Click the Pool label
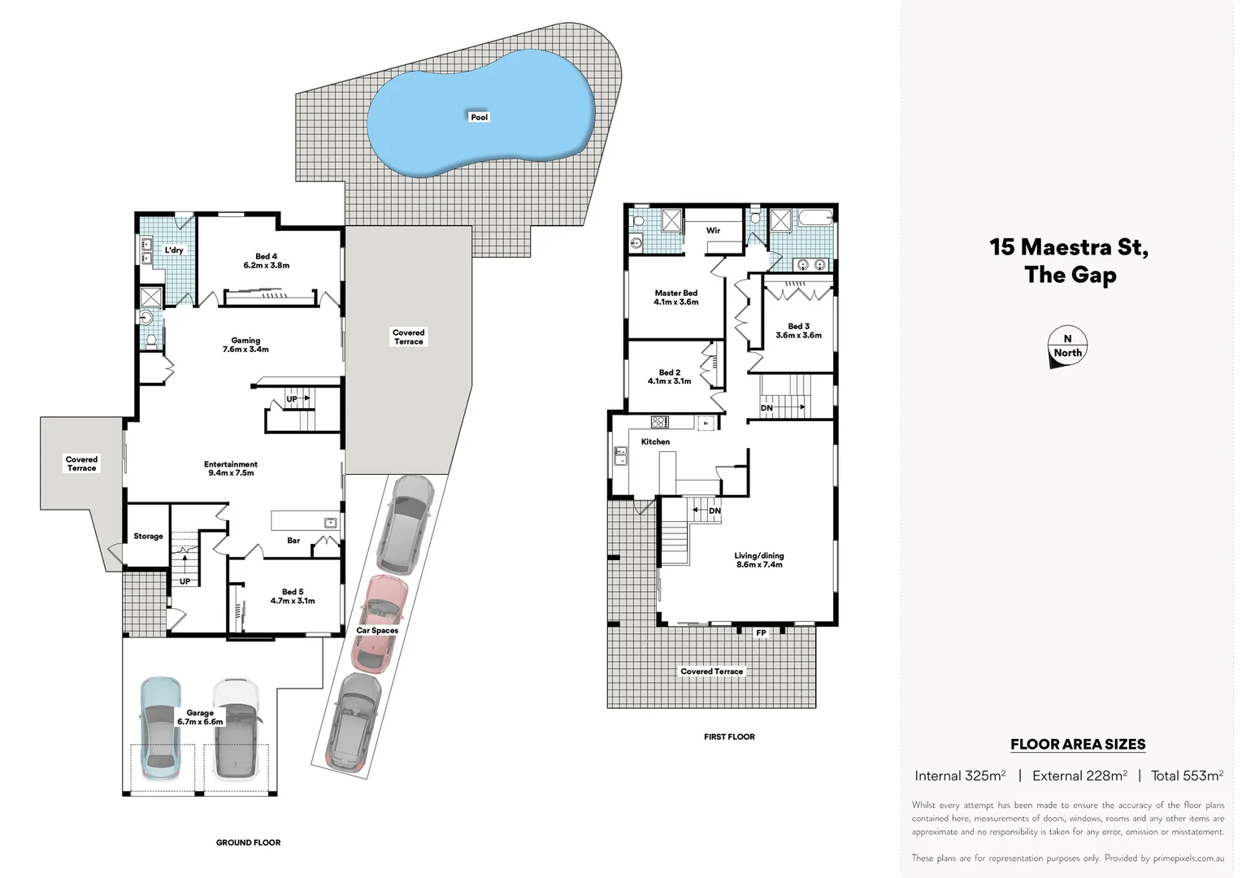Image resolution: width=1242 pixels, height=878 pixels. coord(480,117)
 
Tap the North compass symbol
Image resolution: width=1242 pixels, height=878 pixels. coord(1067,347)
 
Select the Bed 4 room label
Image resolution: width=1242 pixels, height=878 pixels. coord(266,261)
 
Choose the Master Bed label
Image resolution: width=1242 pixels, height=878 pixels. coord(675,298)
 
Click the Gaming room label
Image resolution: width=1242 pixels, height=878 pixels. coord(245,345)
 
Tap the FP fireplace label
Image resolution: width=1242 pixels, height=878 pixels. coord(761,632)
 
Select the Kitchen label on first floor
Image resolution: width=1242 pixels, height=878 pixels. coord(655,441)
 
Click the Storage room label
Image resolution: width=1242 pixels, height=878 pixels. coord(148,537)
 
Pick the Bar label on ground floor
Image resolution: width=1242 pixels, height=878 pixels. coord(293,541)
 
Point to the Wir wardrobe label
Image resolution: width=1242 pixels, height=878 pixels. coord(713,231)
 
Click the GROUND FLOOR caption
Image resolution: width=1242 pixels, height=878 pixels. coord(248,842)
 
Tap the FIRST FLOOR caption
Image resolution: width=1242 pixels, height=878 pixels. coord(729,737)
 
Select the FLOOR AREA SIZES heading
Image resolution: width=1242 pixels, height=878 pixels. coord(1077,744)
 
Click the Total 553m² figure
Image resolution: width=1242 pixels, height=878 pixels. coord(1187,776)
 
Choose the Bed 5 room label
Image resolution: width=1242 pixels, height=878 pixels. coord(293,596)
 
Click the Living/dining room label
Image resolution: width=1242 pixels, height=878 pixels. coord(759,560)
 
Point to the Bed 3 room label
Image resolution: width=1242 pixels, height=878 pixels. coord(798,331)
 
